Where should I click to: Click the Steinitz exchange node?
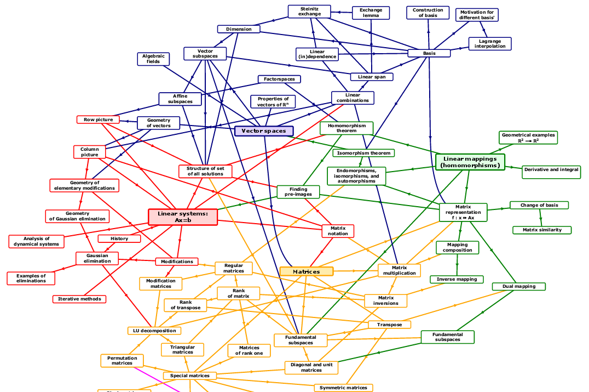tap(310, 11)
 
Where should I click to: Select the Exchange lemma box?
tap(371, 13)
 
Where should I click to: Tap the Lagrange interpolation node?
tap(490, 44)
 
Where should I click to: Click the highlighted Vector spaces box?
tap(264, 131)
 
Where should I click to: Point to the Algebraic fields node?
tap(153, 59)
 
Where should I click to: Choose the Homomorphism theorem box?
tap(346, 128)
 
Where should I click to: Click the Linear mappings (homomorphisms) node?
tap(470, 162)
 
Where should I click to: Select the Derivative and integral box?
tap(551, 170)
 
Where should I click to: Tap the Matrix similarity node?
tap(542, 230)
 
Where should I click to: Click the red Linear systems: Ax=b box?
tap(183, 217)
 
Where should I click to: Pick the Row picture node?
tap(98, 120)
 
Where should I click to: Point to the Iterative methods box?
tap(79, 299)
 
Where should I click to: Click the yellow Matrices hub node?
tap(306, 271)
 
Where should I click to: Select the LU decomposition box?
tap(154, 331)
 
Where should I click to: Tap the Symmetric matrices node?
tap(343, 388)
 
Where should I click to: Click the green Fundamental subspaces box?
tap(447, 337)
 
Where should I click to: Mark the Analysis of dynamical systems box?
tap(37, 241)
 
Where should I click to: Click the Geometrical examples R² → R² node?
tap(528, 138)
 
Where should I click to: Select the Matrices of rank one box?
tap(249, 350)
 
